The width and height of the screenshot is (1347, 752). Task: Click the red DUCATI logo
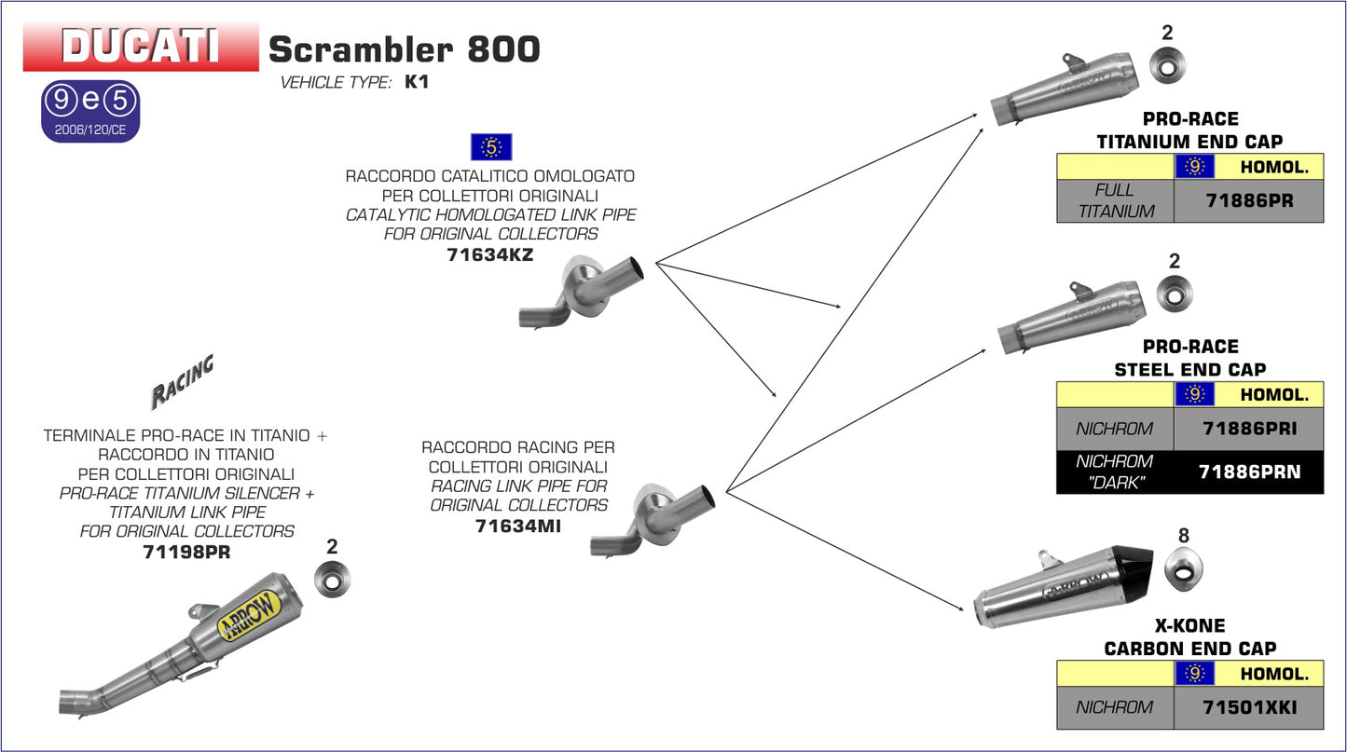click(141, 47)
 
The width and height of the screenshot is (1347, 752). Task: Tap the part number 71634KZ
click(490, 253)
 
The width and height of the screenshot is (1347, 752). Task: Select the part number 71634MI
click(517, 525)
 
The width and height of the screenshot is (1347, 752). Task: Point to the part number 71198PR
click(186, 551)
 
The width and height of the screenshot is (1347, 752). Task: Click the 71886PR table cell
click(1248, 201)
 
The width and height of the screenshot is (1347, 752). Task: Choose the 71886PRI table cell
click(1248, 430)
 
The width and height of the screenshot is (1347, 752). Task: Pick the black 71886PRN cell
click(1248, 472)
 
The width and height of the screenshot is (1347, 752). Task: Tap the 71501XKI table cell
click(1248, 707)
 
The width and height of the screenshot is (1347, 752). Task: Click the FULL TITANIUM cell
click(1115, 201)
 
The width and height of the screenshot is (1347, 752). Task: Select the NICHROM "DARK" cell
click(1115, 472)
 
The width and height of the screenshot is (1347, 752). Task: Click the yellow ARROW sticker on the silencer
click(249, 617)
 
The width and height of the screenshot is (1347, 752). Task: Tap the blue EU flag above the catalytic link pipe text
click(491, 146)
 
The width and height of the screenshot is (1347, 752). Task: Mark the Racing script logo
click(182, 380)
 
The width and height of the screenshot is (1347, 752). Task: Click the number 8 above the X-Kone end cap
click(1184, 536)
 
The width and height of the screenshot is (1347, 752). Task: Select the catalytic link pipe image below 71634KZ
click(583, 293)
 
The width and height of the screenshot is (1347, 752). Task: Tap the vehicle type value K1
click(416, 82)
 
